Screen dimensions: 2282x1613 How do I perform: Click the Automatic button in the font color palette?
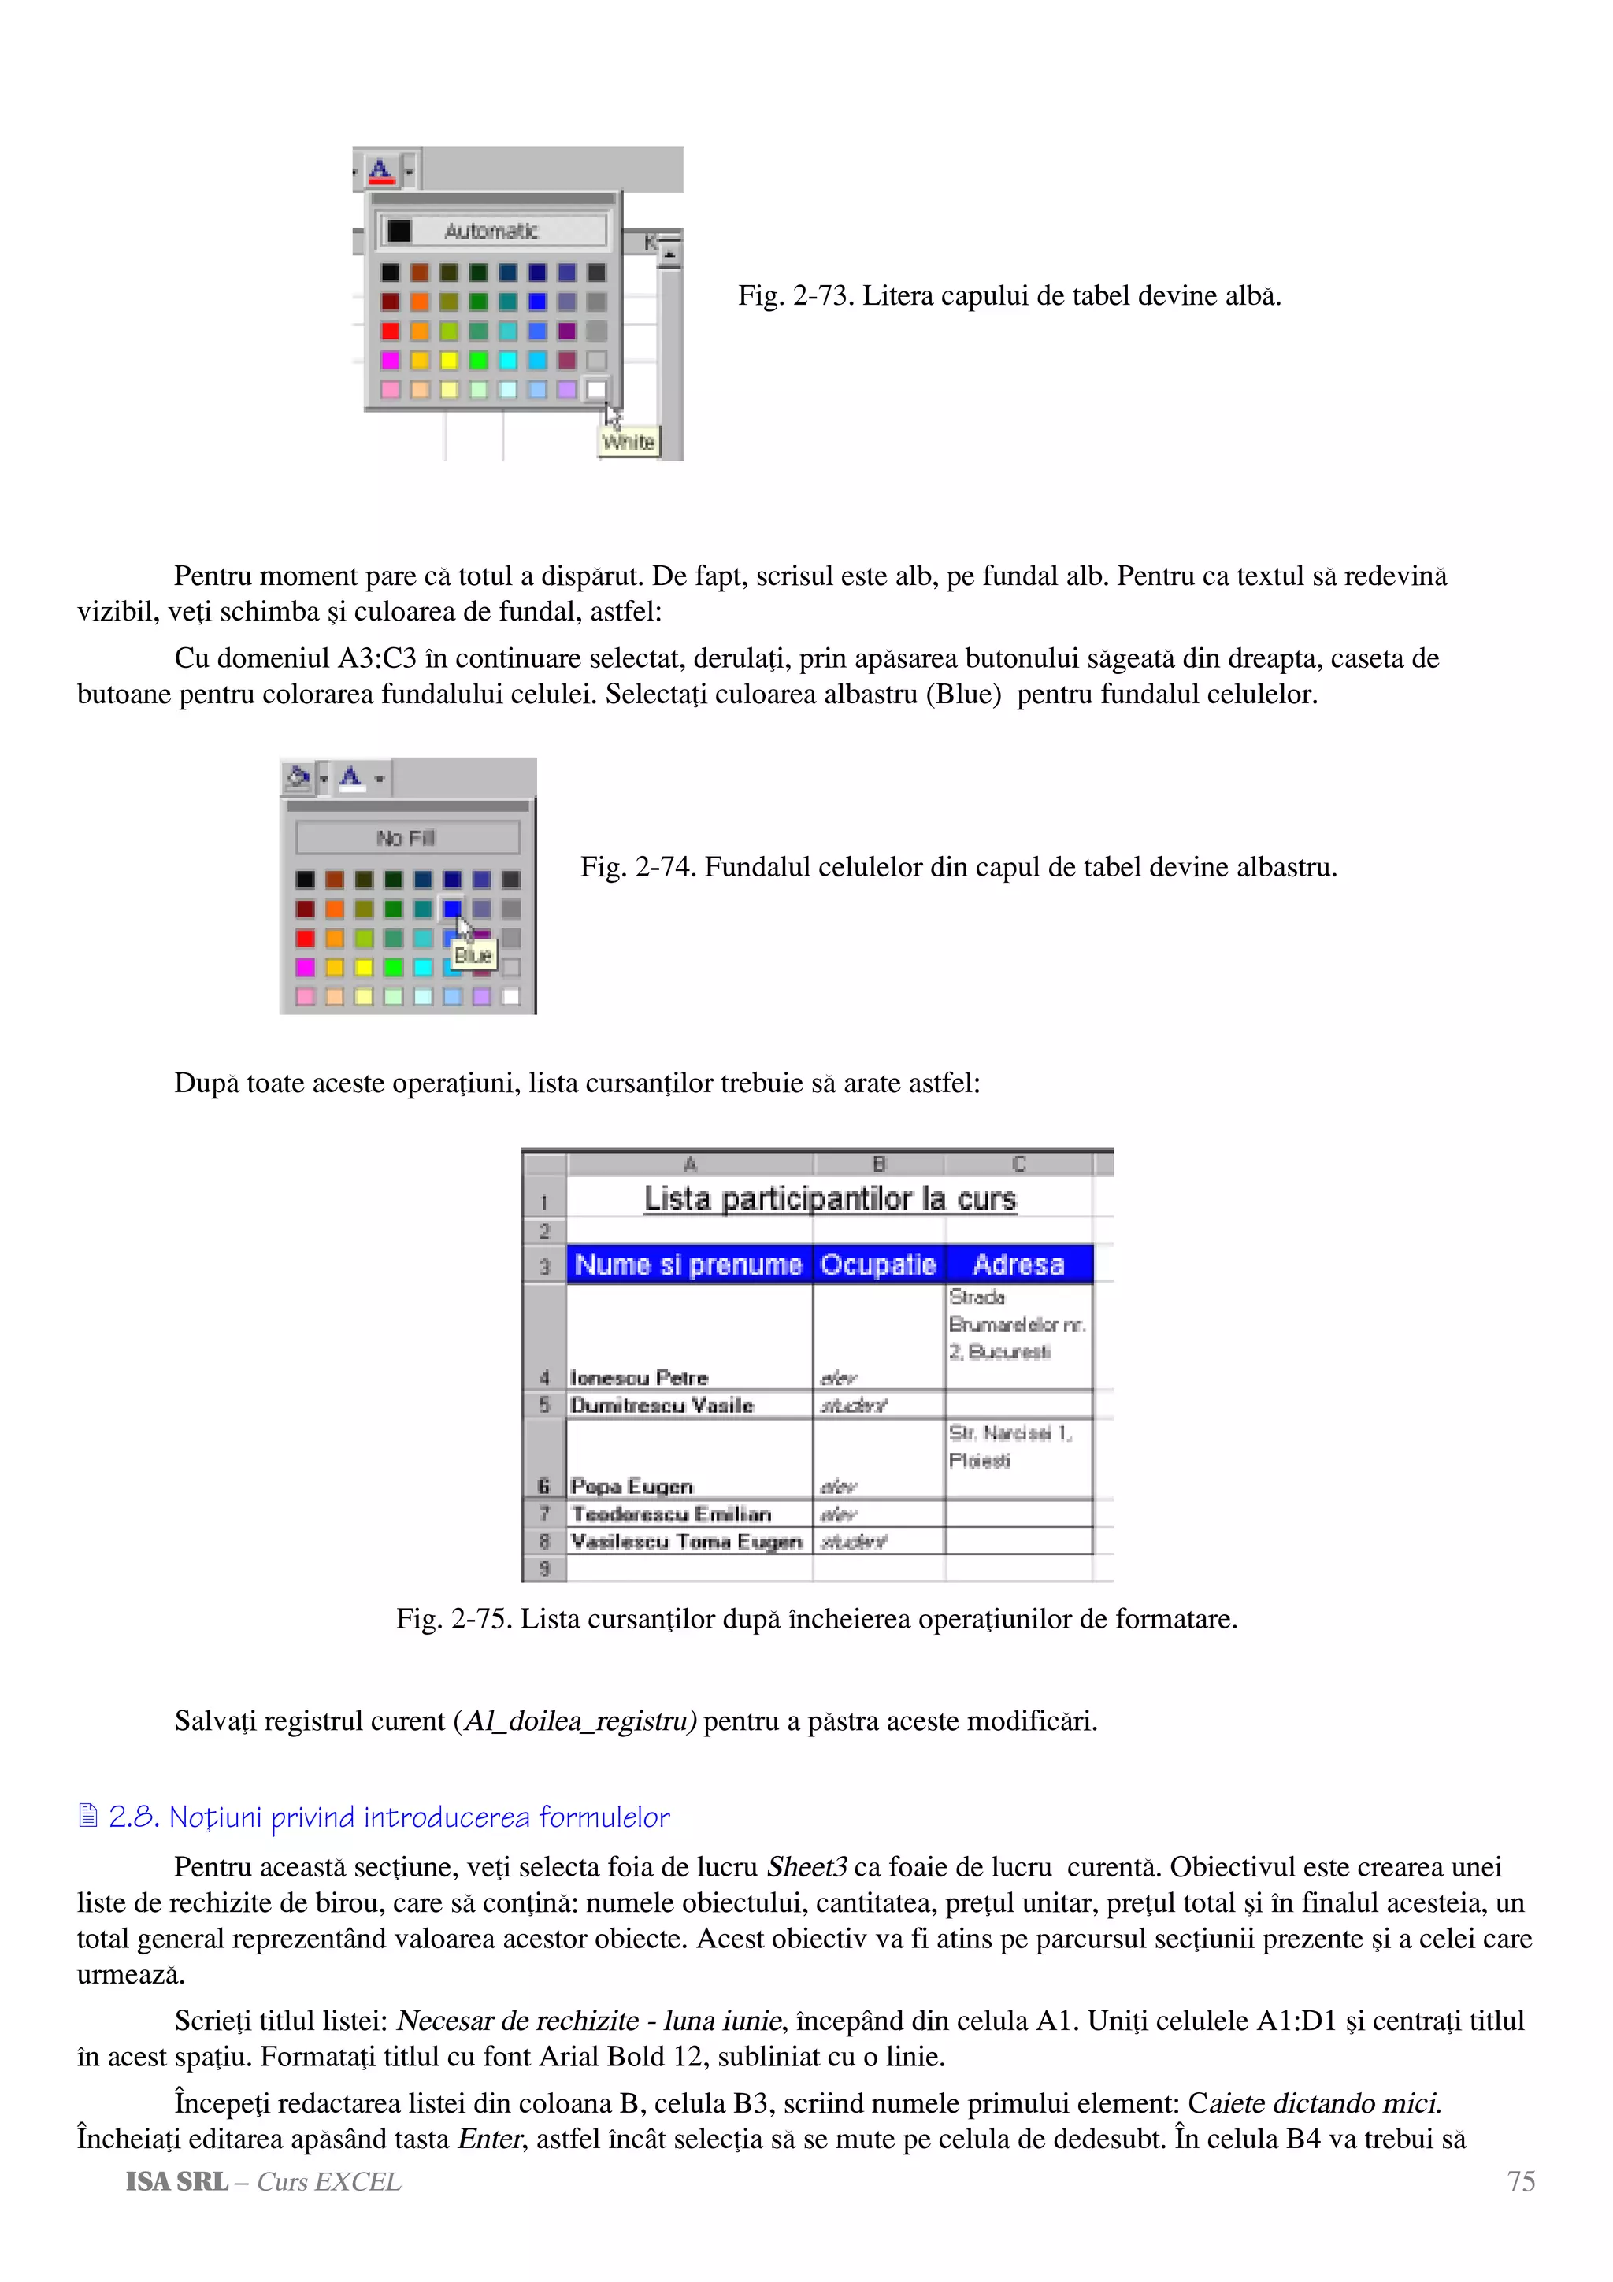[x=492, y=232]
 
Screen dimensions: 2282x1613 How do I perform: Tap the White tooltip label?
[x=628, y=443]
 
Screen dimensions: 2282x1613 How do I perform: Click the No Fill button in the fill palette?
[x=407, y=838]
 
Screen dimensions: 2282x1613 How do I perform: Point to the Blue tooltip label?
[x=473, y=955]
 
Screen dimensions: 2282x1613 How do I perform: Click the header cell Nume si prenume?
[x=688, y=1265]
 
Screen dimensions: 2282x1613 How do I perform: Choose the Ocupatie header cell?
[x=877, y=1265]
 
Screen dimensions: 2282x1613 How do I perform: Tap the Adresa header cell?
[x=1018, y=1265]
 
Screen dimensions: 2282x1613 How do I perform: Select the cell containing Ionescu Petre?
[x=639, y=1377]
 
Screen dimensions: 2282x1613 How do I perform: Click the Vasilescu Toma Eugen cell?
[x=687, y=1542]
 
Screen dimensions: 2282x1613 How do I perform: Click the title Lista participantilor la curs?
[x=830, y=1198]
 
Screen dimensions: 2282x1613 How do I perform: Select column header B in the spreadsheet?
[x=878, y=1164]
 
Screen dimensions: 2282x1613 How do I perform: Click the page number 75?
[x=1521, y=2182]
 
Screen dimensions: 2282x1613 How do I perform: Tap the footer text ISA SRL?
[x=177, y=2182]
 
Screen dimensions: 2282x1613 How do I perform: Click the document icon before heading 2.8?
[x=87, y=1816]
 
